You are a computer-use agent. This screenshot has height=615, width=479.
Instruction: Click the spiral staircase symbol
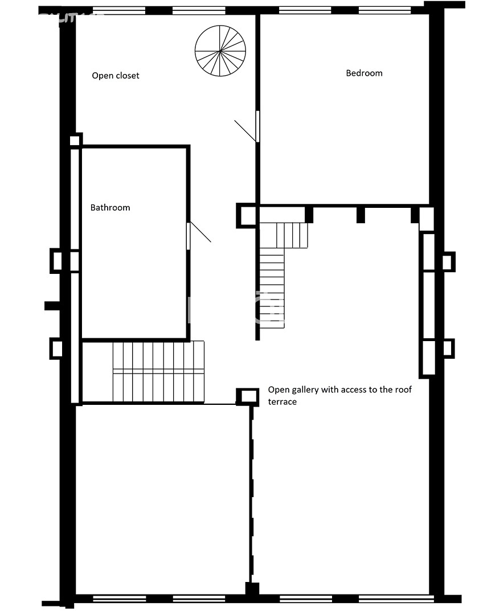click(x=220, y=51)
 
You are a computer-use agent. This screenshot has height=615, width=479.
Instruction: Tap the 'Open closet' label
click(x=116, y=75)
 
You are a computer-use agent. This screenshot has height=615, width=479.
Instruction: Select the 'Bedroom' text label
click(x=364, y=73)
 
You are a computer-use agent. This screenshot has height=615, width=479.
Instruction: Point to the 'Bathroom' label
click(x=110, y=207)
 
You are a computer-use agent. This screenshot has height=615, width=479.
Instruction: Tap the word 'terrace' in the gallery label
click(x=282, y=401)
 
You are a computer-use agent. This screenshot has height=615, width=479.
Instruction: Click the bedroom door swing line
click(x=245, y=131)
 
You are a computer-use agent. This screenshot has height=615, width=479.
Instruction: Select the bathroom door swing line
click(x=200, y=232)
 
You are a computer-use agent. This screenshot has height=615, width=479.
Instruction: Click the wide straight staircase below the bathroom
click(x=158, y=372)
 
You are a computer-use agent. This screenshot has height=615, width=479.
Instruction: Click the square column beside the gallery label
click(x=248, y=396)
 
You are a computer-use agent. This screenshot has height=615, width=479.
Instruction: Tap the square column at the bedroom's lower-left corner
click(x=248, y=215)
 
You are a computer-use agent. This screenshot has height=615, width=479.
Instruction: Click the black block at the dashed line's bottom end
click(x=252, y=589)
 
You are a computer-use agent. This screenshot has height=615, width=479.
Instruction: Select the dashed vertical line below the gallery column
click(x=252, y=494)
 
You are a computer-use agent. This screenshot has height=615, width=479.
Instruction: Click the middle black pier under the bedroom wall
click(x=361, y=215)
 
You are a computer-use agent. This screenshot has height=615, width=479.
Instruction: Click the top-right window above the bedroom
click(x=385, y=11)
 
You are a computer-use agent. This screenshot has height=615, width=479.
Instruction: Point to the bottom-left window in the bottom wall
click(x=120, y=599)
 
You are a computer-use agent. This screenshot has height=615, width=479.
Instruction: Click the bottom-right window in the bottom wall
click(x=396, y=599)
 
